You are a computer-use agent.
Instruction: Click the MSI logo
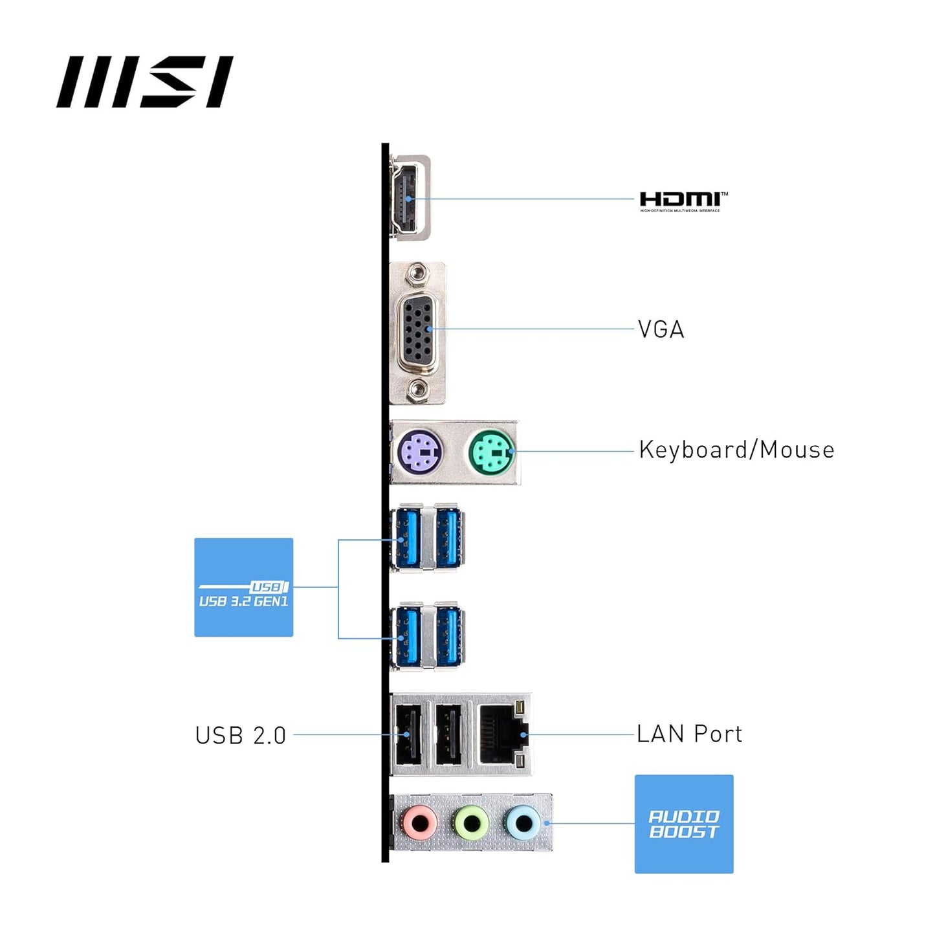tap(144, 82)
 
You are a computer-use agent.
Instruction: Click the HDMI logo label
tap(683, 201)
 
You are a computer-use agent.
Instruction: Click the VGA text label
tap(661, 329)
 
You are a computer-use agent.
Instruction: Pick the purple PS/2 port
tap(420, 452)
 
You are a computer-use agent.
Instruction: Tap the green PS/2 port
tap(491, 452)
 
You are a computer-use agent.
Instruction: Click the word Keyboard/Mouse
tap(736, 450)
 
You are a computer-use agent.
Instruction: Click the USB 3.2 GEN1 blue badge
tap(244, 587)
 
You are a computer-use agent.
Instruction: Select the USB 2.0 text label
tap(241, 736)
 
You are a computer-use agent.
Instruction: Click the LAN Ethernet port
tap(503, 734)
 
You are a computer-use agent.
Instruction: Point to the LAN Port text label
tap(689, 734)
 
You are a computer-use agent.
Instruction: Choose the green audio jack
tap(472, 824)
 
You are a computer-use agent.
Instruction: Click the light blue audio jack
tap(522, 824)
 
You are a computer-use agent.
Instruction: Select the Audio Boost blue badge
tap(684, 824)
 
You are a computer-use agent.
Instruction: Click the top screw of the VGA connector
tap(418, 274)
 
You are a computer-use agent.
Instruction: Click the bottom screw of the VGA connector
tap(418, 390)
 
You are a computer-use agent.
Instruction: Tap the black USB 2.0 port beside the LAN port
tap(448, 734)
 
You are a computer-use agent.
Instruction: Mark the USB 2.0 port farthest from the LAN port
tap(408, 734)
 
